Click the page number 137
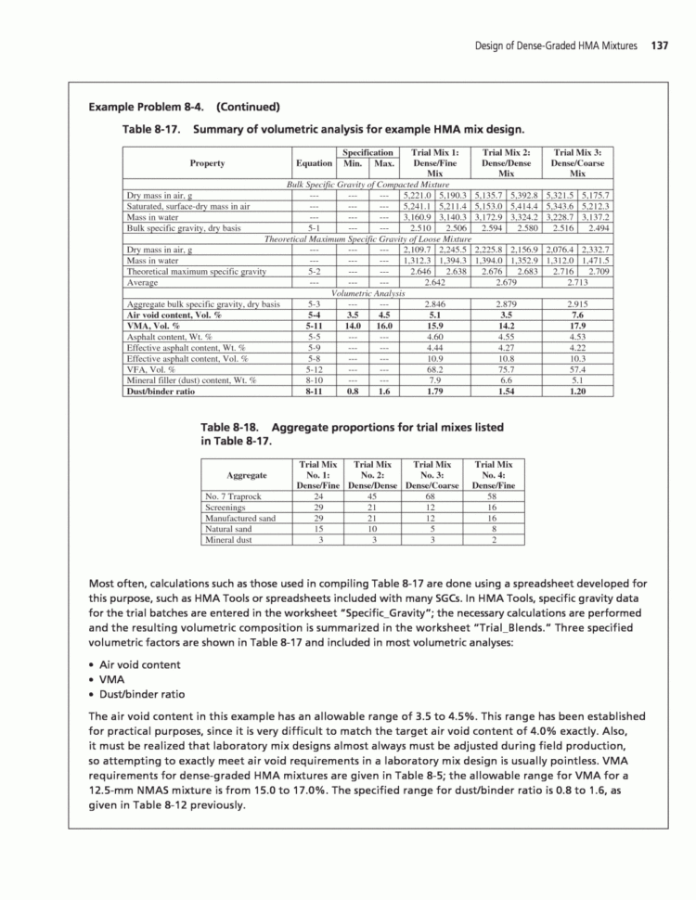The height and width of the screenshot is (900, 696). click(660, 45)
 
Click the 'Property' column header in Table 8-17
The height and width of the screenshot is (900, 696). click(206, 162)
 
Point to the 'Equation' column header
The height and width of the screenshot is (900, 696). click(313, 162)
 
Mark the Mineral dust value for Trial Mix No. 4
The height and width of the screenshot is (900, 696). click(493, 539)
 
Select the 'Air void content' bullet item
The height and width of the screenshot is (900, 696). click(139, 664)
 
